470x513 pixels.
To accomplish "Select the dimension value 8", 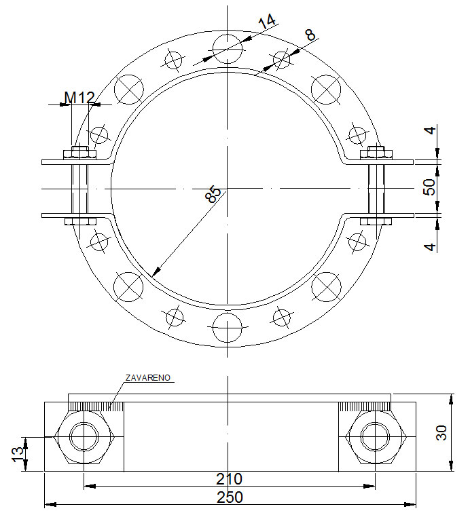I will (311, 35).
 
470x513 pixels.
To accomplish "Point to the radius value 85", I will (213, 195).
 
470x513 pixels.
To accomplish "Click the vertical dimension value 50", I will (429, 188).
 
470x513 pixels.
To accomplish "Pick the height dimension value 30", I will (441, 433).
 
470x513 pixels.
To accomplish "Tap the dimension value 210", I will (230, 479).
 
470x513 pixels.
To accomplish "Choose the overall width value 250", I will (230, 497).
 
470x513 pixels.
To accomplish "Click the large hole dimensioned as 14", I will (228, 49).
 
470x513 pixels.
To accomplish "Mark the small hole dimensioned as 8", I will (282, 60).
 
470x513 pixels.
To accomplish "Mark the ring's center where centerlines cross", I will (228, 188).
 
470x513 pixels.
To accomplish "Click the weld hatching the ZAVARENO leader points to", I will (95, 406).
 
